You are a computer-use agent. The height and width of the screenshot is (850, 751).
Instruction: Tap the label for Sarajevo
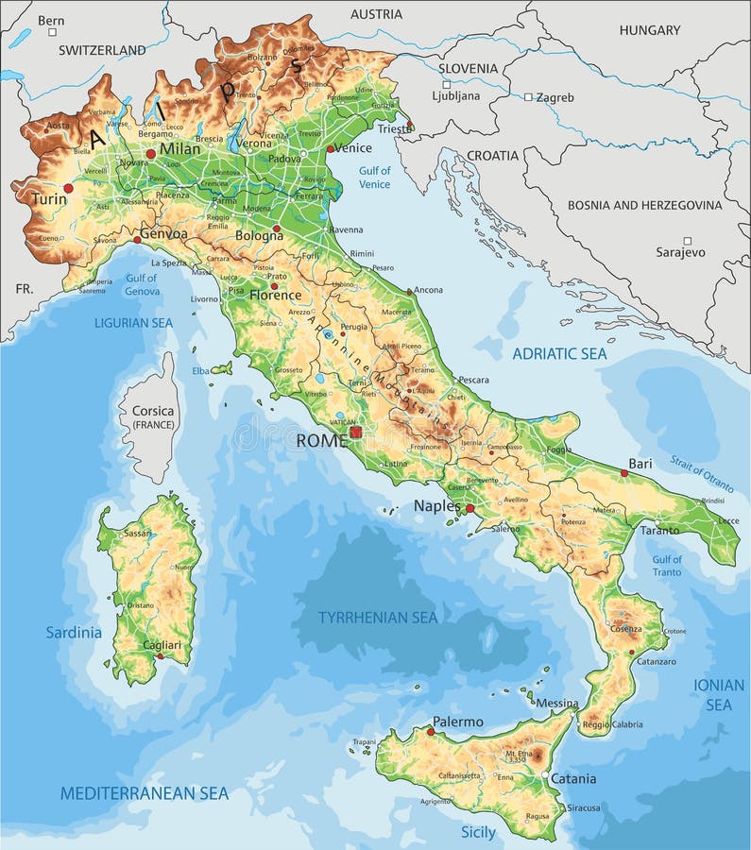[x=680, y=252]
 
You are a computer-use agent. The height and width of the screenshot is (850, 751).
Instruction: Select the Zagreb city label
[x=556, y=96]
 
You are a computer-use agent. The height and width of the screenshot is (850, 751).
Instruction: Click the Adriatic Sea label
[x=559, y=354]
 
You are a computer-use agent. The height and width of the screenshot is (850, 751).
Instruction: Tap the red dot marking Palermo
[x=431, y=731]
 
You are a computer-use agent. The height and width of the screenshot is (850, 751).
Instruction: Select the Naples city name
[x=436, y=506]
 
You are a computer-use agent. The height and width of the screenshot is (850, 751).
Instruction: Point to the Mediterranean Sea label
[x=145, y=793]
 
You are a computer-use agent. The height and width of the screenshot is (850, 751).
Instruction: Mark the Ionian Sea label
[x=719, y=695]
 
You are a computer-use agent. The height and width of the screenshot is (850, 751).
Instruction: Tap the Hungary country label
[x=649, y=30]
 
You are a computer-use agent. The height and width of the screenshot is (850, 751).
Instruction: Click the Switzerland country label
[x=102, y=50]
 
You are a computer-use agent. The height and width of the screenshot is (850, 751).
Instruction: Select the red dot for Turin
[x=68, y=188]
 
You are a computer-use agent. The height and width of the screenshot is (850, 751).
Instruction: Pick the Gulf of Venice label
[x=375, y=178]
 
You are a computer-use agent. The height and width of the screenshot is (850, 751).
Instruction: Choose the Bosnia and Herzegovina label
[x=644, y=205]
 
